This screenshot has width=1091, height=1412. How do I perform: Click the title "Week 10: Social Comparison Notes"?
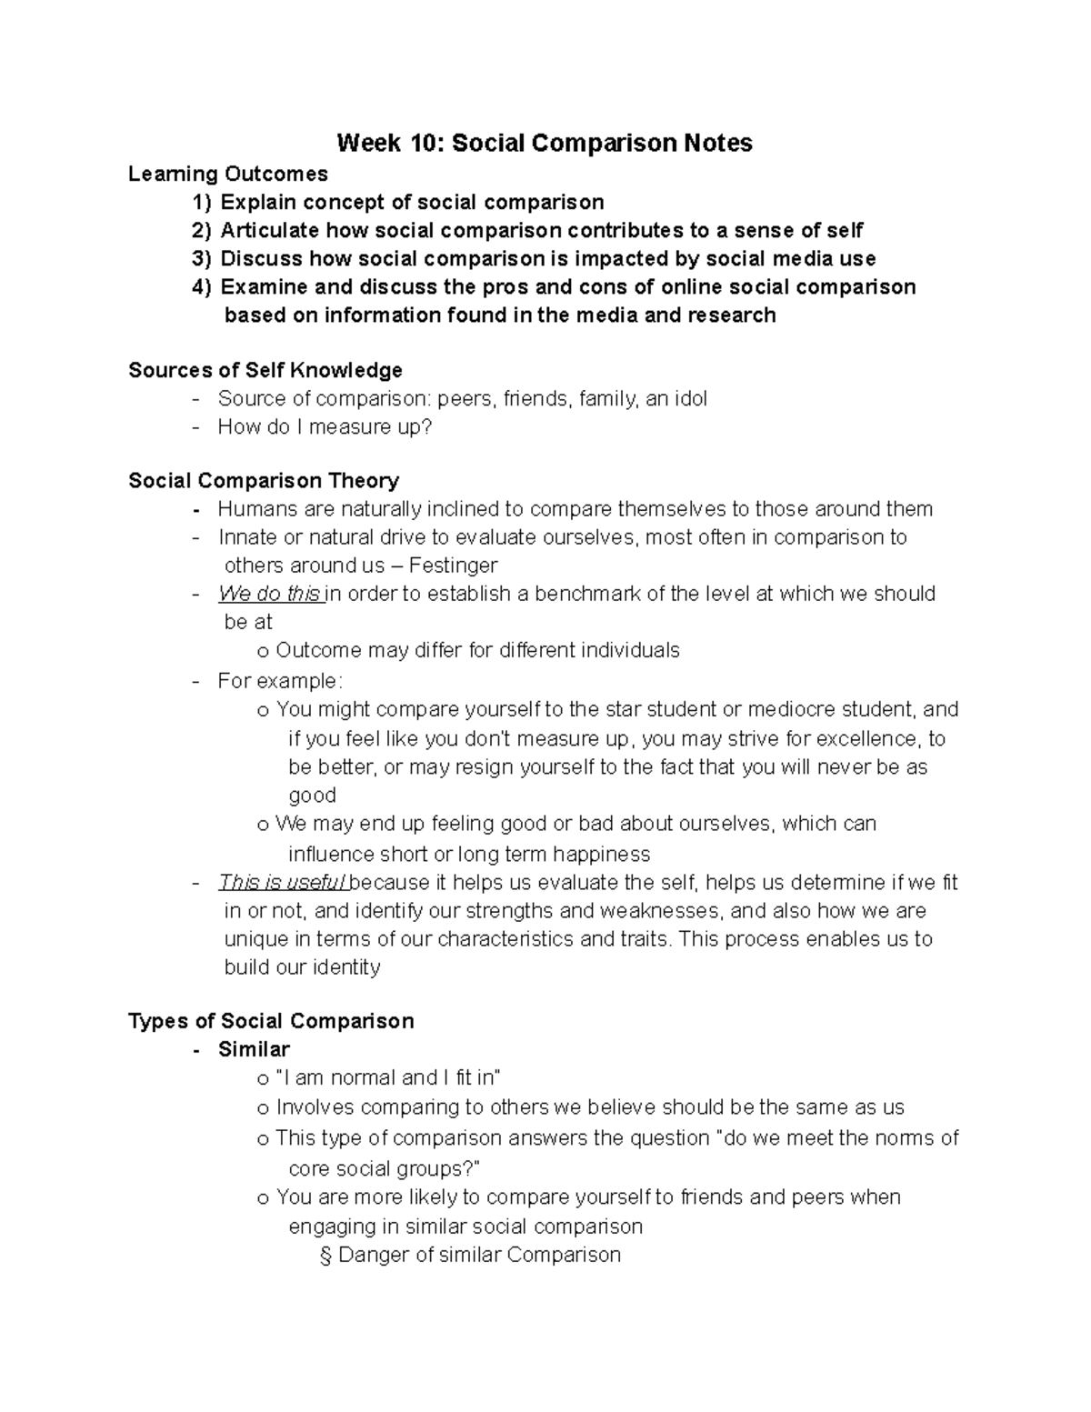point(545,143)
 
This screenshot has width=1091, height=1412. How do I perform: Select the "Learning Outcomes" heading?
point(228,173)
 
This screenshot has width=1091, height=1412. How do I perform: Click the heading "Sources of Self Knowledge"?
point(265,370)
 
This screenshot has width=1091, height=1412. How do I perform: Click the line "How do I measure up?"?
point(325,426)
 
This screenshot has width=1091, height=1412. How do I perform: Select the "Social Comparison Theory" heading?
point(264,480)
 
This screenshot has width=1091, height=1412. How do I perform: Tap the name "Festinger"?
point(453,566)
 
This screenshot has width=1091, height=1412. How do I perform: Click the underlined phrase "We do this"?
point(269,594)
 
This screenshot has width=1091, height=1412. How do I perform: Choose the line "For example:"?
point(280,680)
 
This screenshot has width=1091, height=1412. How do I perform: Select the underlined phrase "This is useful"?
point(282,883)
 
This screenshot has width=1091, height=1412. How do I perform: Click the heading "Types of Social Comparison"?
point(271,1021)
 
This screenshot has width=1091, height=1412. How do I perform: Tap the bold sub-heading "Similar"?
point(254,1049)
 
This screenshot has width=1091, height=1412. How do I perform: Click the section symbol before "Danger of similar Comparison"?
point(325,1256)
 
